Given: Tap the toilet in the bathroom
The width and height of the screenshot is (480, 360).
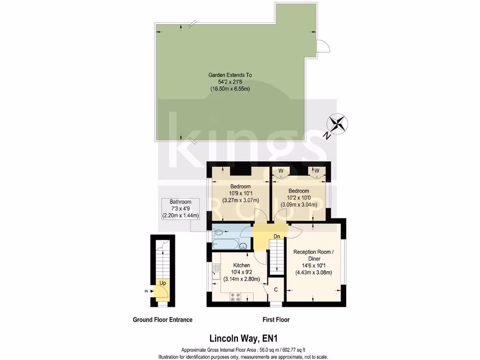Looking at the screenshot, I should point(219,232).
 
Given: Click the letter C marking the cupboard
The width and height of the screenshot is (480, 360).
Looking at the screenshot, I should point(276,290).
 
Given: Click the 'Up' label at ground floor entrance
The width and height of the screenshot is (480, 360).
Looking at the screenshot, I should point(163,283).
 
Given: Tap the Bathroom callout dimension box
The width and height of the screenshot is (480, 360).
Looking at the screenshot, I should point(180,209).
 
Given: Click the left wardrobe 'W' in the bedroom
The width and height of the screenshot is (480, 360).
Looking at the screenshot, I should point(281,170).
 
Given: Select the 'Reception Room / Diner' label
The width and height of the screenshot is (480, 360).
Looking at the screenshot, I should point(313,255).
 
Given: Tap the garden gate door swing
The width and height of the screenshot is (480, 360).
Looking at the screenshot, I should point(323,46).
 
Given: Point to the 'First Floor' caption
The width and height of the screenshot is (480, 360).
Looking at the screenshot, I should point(276,320).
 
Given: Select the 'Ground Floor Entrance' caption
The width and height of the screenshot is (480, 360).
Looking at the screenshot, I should point(162,320).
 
